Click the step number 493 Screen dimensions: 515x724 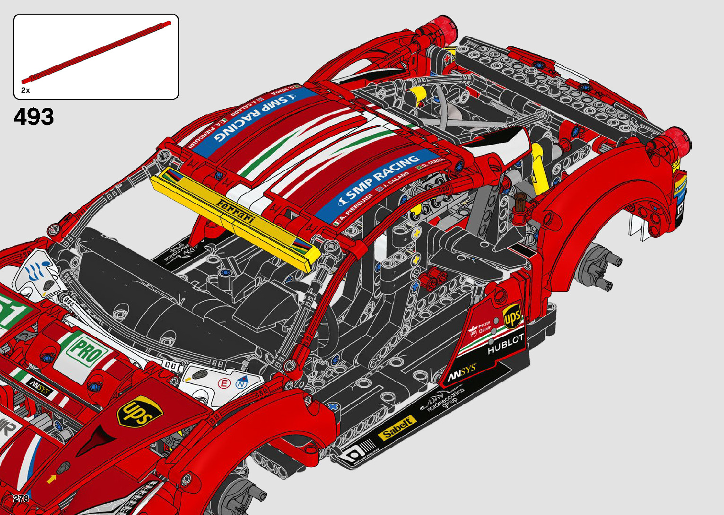(34, 117)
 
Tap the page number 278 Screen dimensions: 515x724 (21, 498)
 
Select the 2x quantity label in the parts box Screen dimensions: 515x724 (26, 90)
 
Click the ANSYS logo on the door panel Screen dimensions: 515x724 (462, 373)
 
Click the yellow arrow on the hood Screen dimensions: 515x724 (51, 479)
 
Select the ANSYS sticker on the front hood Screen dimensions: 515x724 (39, 386)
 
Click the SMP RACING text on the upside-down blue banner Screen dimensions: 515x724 (256, 118)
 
